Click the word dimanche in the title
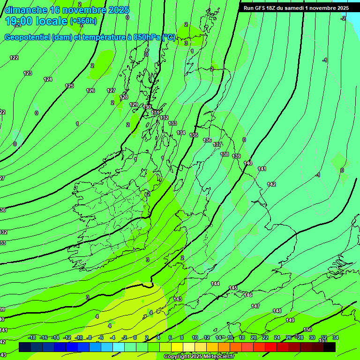pos(25,10)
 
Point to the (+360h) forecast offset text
pos(83,21)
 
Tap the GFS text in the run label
pos(261,8)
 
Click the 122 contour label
pos(14,58)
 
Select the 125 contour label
pos(69,86)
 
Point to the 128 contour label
pos(124,97)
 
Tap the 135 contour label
pos(194,135)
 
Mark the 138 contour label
pos(225,154)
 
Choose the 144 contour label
pos(215,284)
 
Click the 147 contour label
pos(255,306)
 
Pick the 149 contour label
pos(290,320)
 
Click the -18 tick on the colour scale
pos(32,337)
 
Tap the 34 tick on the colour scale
pos(336,337)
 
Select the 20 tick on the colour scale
pos(254,337)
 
